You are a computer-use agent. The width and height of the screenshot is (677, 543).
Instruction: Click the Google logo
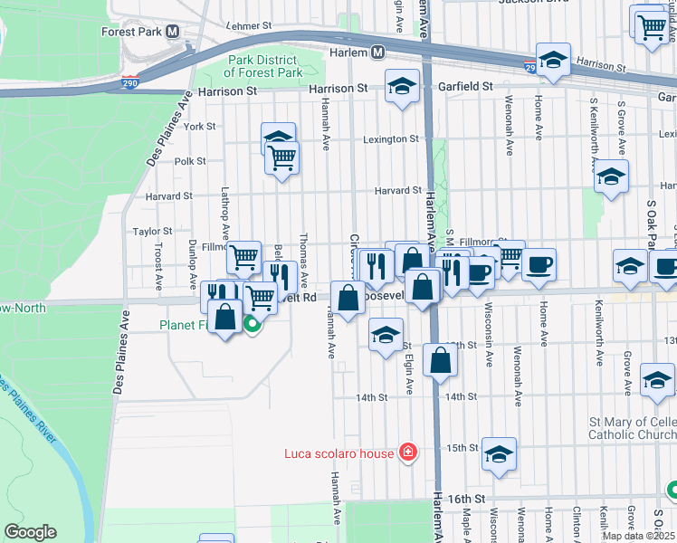[30, 532]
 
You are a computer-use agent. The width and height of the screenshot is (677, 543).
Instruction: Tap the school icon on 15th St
[499, 455]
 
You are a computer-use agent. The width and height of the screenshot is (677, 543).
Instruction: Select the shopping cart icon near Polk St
[282, 157]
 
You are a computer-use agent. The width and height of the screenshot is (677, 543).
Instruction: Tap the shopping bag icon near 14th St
[440, 359]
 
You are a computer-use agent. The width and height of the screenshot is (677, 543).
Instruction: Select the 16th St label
[466, 498]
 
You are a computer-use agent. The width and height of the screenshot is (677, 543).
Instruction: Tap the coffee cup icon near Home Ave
[539, 264]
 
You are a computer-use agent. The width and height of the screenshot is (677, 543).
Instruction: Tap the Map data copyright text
[639, 536]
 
